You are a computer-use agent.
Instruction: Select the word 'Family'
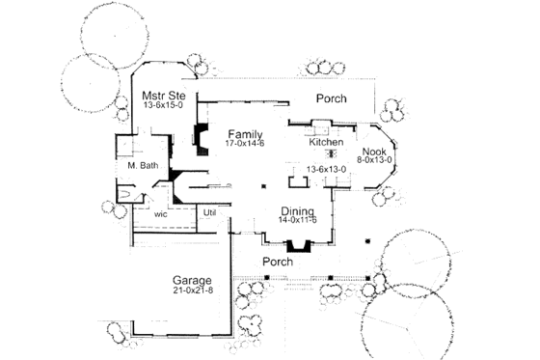click(x=247, y=132)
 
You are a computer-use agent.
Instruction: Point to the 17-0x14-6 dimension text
click(x=247, y=144)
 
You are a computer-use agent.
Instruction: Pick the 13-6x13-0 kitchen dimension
click(x=326, y=170)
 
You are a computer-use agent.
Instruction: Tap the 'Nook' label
click(x=373, y=152)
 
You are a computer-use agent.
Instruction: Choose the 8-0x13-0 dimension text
click(x=373, y=162)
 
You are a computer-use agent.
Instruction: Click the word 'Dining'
click(x=299, y=210)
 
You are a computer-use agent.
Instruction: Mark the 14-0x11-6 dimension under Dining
click(x=299, y=221)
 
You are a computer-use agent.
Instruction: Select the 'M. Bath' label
click(x=142, y=166)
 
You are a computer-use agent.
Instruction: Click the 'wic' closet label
click(x=161, y=213)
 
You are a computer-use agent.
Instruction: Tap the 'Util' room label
click(x=209, y=211)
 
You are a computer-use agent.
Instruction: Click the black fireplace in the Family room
click(x=202, y=138)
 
